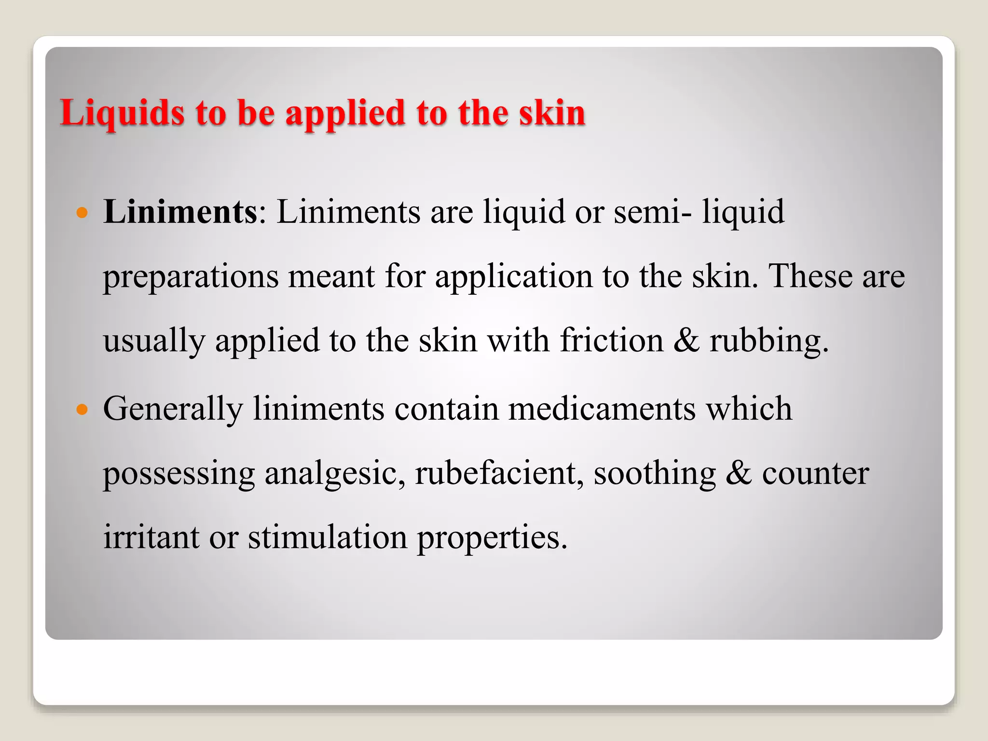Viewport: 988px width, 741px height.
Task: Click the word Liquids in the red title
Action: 122,114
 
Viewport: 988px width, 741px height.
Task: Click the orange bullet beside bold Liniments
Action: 82,212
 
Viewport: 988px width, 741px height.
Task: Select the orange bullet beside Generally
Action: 82,410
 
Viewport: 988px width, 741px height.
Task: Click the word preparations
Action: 191,277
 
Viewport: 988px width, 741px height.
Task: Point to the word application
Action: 513,277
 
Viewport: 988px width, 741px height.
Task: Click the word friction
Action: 611,341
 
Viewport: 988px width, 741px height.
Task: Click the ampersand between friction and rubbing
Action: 686,341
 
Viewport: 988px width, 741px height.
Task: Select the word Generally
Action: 173,410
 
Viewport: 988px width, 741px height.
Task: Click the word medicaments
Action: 602,409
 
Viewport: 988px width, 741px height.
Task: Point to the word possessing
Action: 179,474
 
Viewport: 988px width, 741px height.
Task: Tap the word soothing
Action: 655,474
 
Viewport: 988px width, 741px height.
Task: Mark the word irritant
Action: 151,537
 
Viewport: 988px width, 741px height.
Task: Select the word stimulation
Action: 328,537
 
